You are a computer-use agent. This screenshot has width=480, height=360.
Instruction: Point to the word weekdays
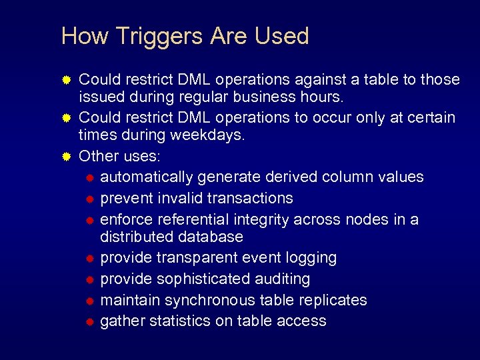209,135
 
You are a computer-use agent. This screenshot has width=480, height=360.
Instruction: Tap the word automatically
147,177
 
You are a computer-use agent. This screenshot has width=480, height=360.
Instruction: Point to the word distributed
136,237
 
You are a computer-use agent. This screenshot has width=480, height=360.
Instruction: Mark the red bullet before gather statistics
90,322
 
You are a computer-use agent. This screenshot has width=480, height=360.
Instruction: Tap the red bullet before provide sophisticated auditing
90,279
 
